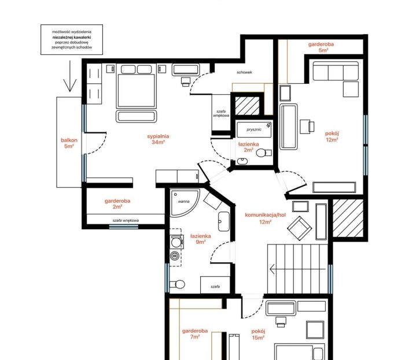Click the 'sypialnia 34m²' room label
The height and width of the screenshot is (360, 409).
[158, 139]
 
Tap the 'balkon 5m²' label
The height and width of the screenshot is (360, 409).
[69, 143]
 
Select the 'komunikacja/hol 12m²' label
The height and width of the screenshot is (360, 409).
[266, 218]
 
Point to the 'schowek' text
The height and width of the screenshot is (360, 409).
[244, 72]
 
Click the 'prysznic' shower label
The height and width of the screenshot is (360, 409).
[254, 129]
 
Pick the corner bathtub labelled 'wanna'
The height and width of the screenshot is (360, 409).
[185, 203]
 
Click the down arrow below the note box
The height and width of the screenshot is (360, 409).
[70, 76]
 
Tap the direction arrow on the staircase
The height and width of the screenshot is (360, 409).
[297, 269]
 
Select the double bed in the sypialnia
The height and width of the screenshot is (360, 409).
[135, 91]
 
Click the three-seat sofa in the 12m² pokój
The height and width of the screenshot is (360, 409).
[336, 71]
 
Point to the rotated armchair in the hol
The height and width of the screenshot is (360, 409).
[300, 228]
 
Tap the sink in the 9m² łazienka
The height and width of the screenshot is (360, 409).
[224, 221]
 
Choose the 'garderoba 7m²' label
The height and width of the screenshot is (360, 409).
[195, 333]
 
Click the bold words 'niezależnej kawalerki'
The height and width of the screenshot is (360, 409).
[72, 38]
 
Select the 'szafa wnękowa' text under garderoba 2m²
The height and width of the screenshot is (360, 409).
[126, 220]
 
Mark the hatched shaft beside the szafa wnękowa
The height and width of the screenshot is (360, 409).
[247, 106]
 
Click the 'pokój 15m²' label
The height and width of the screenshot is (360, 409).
[258, 335]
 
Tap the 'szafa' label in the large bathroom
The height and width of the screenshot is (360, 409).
[215, 287]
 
